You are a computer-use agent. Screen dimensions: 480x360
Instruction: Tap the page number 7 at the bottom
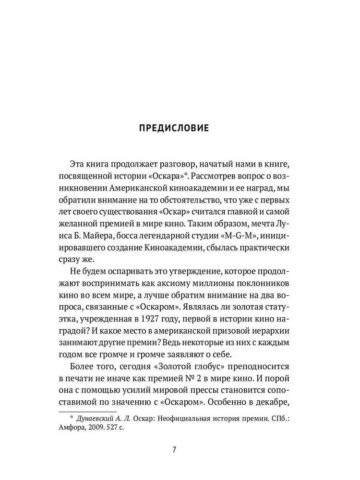pos(174,449)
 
